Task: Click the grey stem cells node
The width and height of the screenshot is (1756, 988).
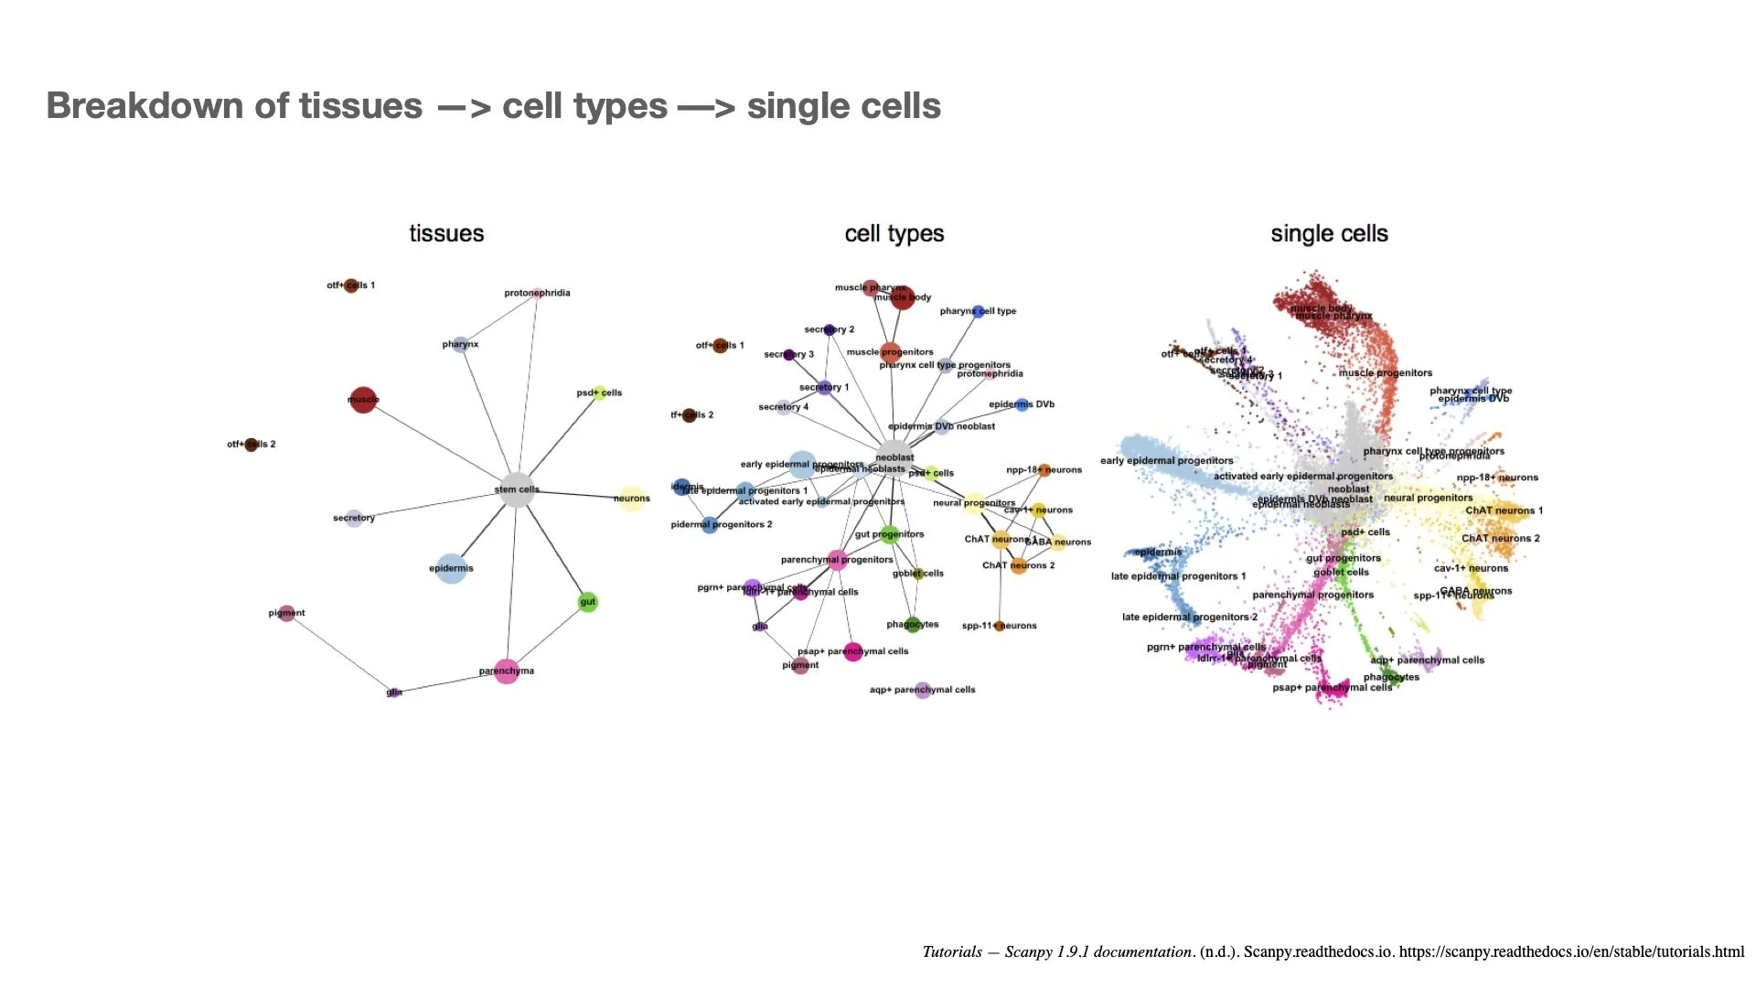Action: (x=517, y=489)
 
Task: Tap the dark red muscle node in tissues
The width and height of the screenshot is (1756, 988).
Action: (x=363, y=400)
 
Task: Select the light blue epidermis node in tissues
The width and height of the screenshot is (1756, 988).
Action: (x=451, y=568)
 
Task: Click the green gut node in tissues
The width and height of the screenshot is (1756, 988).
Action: (x=588, y=602)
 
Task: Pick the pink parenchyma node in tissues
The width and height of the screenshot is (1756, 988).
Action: (x=507, y=671)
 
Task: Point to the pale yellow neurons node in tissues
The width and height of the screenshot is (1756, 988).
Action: (x=631, y=499)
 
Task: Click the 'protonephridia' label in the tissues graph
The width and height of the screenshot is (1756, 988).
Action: (x=537, y=293)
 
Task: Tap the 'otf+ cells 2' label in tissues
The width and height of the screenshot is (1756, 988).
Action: (x=251, y=445)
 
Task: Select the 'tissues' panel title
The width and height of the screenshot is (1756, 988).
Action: (x=446, y=233)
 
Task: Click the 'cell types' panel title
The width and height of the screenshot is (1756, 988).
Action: (x=894, y=233)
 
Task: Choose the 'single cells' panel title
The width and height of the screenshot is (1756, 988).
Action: (x=1329, y=233)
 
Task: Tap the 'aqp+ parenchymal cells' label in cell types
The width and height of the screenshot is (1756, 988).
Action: (x=922, y=690)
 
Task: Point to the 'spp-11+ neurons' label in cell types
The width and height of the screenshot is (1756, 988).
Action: (x=999, y=626)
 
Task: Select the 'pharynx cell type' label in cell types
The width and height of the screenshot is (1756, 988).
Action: (x=978, y=311)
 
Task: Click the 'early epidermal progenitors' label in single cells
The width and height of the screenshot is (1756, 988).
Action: (x=1166, y=461)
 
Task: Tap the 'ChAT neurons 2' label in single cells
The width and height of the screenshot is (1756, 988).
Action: (x=1500, y=539)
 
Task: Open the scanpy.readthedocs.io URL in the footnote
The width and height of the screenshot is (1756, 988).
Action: (x=1571, y=951)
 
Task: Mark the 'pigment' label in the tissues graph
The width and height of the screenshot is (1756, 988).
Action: (x=286, y=613)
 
